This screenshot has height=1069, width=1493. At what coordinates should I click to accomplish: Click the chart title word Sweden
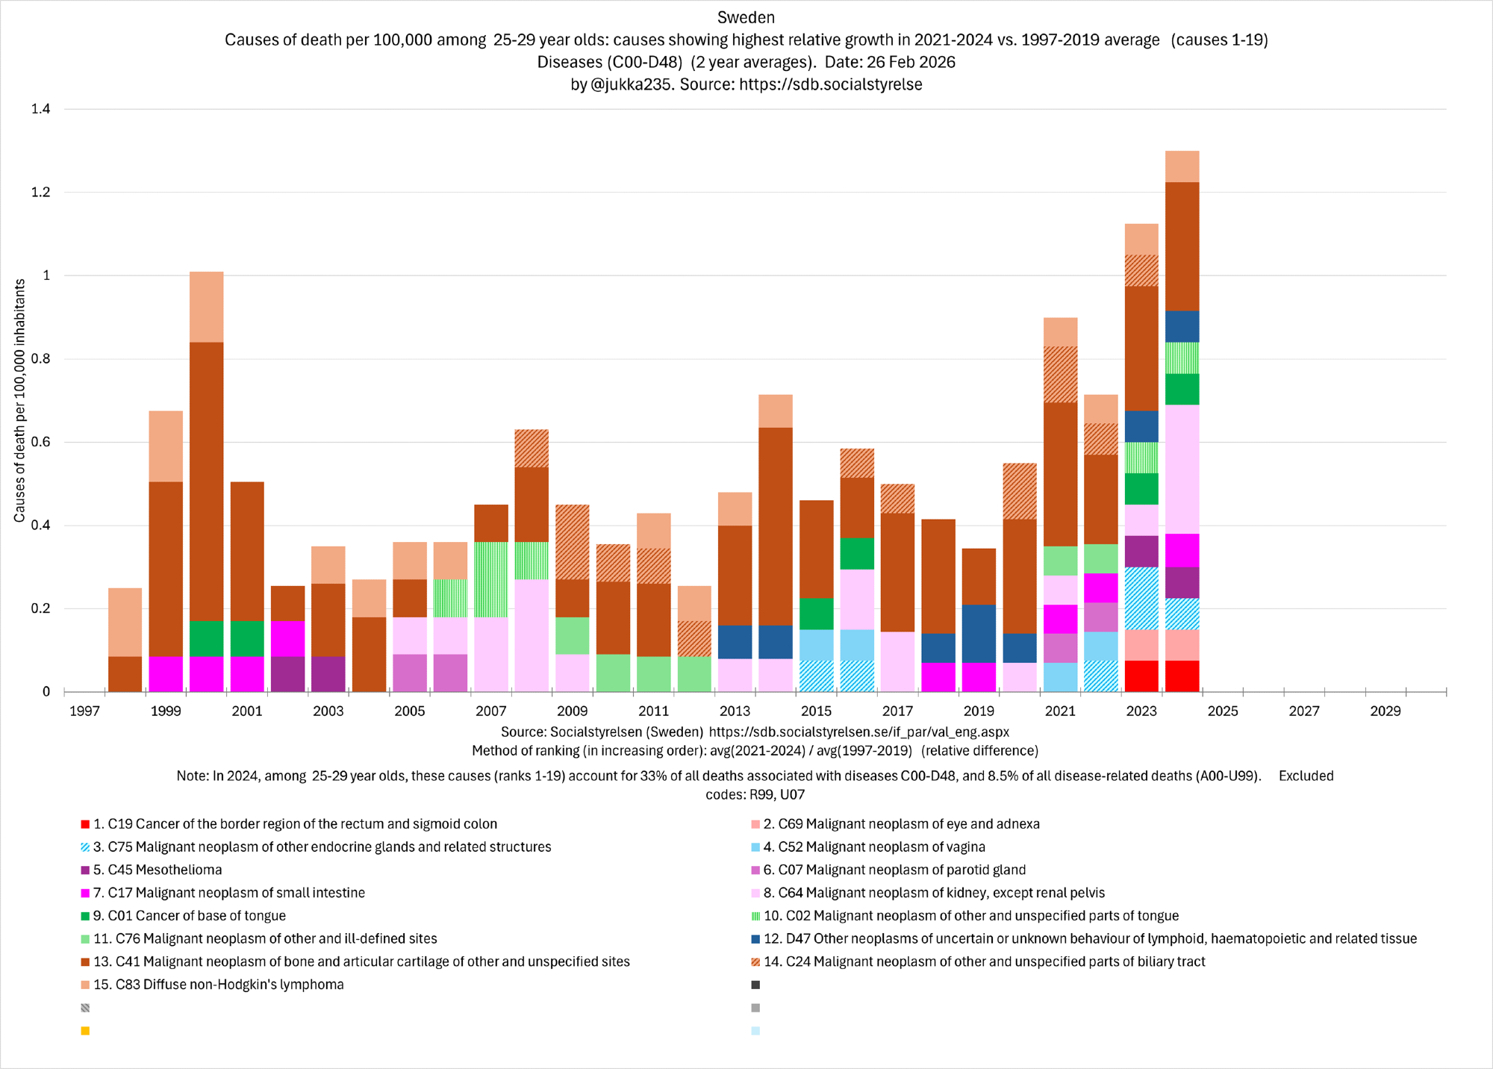[746, 17]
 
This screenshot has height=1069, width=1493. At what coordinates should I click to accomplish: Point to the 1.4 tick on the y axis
[41, 109]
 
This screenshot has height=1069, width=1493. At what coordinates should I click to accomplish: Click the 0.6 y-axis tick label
[41, 442]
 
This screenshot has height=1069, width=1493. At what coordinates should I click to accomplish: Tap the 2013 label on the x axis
[735, 711]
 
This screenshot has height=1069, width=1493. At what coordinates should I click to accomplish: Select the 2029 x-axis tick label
[1385, 711]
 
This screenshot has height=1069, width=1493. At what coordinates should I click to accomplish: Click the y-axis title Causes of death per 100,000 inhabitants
[20, 400]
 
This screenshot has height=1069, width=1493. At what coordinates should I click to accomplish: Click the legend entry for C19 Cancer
[294, 824]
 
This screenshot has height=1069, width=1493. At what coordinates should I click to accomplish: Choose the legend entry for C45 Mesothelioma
[157, 870]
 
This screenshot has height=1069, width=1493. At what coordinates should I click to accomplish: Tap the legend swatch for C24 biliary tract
[755, 962]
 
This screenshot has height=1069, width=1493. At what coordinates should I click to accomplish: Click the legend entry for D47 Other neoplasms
[1090, 939]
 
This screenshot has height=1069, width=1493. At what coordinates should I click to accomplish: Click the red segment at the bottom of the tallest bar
[1182, 676]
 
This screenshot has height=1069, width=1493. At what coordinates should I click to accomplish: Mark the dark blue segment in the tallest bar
[1182, 326]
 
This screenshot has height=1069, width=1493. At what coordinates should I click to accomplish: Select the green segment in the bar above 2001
[247, 638]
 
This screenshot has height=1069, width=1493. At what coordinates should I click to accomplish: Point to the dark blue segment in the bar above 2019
[979, 633]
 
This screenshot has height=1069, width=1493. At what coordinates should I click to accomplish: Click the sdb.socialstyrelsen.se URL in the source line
[858, 732]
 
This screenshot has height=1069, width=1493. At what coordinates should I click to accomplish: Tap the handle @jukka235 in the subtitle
[632, 84]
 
